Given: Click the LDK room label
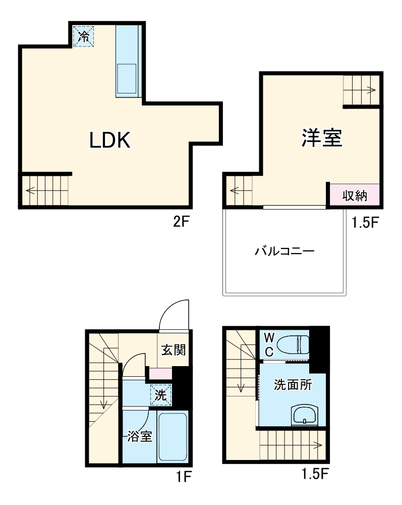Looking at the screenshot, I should tap(110, 140).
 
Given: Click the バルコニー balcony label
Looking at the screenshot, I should tap(284, 251).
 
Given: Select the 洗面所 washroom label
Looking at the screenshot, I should tap(293, 385).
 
